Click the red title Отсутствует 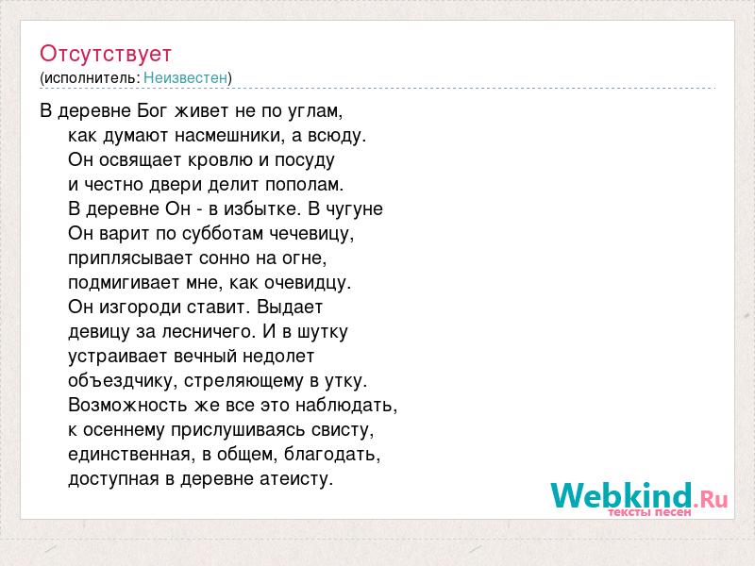106,54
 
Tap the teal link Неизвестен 185,77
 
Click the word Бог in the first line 153,110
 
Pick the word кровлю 220,160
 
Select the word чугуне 355,209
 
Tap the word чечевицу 311,234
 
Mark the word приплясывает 130,258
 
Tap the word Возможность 127,406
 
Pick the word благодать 332,455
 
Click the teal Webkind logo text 622,496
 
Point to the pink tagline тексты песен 649,512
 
